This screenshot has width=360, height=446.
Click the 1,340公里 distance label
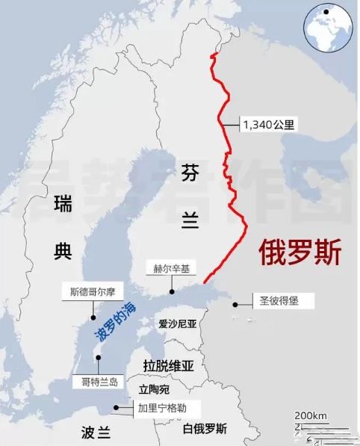[x=268, y=126]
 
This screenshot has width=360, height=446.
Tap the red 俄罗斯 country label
[x=300, y=252]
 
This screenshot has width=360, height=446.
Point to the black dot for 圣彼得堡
[x=235, y=304]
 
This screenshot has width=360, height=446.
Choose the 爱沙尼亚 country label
[x=177, y=324]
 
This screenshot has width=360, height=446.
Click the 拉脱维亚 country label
[x=168, y=365]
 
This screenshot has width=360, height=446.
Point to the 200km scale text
[x=310, y=415]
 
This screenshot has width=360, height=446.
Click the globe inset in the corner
[x=327, y=26]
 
